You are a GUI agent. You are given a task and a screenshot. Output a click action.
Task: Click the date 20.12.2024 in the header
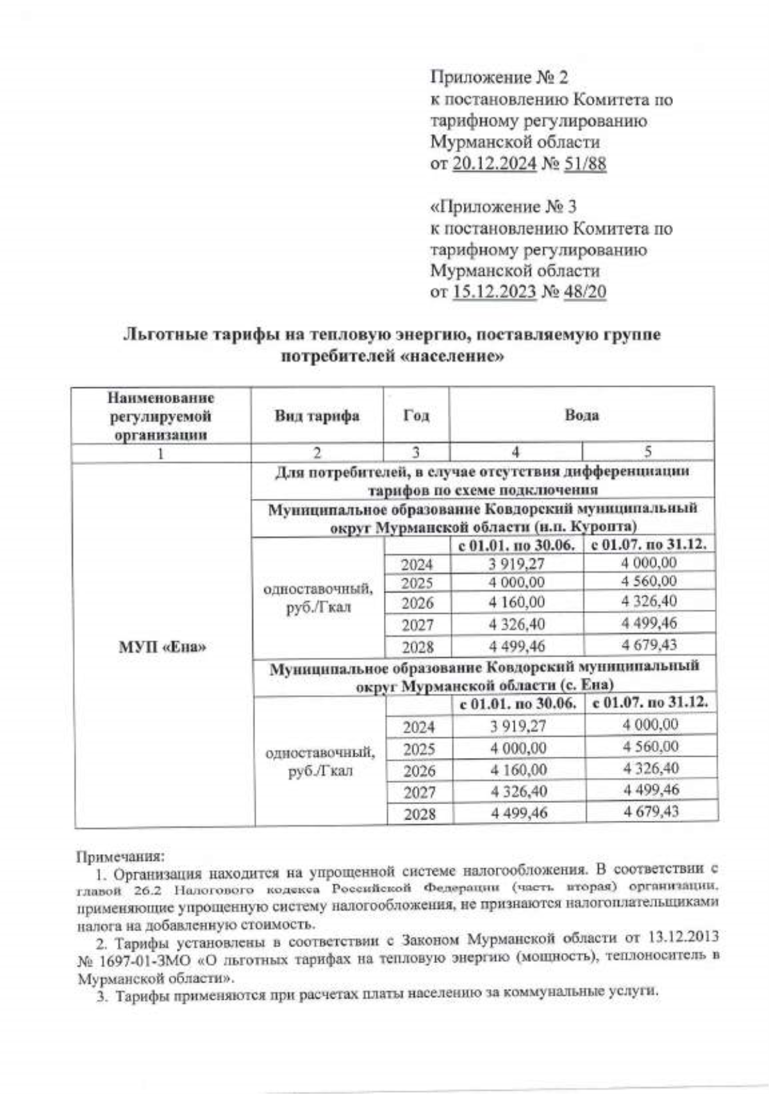[494, 164]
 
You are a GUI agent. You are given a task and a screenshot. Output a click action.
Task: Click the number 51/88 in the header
[584, 164]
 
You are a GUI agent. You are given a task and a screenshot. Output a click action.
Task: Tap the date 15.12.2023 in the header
[494, 292]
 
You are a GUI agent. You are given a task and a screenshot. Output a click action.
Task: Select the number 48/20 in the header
[584, 292]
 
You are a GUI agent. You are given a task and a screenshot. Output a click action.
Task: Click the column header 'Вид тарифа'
[317, 416]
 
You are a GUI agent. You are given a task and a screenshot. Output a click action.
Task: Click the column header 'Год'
[416, 416]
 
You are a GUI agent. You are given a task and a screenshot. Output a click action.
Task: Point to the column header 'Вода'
[581, 415]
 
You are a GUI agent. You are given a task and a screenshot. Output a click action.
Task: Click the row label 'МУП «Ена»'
[163, 647]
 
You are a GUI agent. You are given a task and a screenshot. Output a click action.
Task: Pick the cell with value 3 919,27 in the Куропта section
[516, 564]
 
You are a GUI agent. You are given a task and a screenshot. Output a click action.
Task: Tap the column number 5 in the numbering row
[648, 451]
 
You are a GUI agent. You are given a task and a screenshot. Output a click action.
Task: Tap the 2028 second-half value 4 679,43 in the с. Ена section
[650, 811]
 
